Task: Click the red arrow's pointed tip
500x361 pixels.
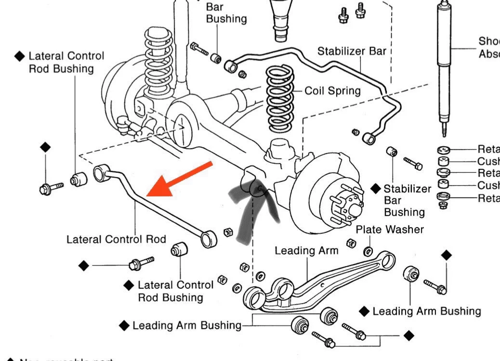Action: [x=148, y=194]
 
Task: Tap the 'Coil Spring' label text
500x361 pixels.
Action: [x=332, y=91]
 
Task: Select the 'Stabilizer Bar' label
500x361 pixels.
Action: [x=351, y=51]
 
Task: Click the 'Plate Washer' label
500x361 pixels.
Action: [x=390, y=230]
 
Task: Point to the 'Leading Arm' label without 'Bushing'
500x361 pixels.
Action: [x=306, y=251]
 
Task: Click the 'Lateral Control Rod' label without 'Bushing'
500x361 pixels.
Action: [x=116, y=239]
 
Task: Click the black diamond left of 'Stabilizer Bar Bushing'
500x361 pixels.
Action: [x=376, y=188]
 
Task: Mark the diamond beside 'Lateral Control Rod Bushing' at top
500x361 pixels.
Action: [x=19, y=56]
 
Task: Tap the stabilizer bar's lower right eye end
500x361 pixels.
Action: [x=370, y=138]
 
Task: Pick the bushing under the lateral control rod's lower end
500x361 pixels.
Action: [x=179, y=250]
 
